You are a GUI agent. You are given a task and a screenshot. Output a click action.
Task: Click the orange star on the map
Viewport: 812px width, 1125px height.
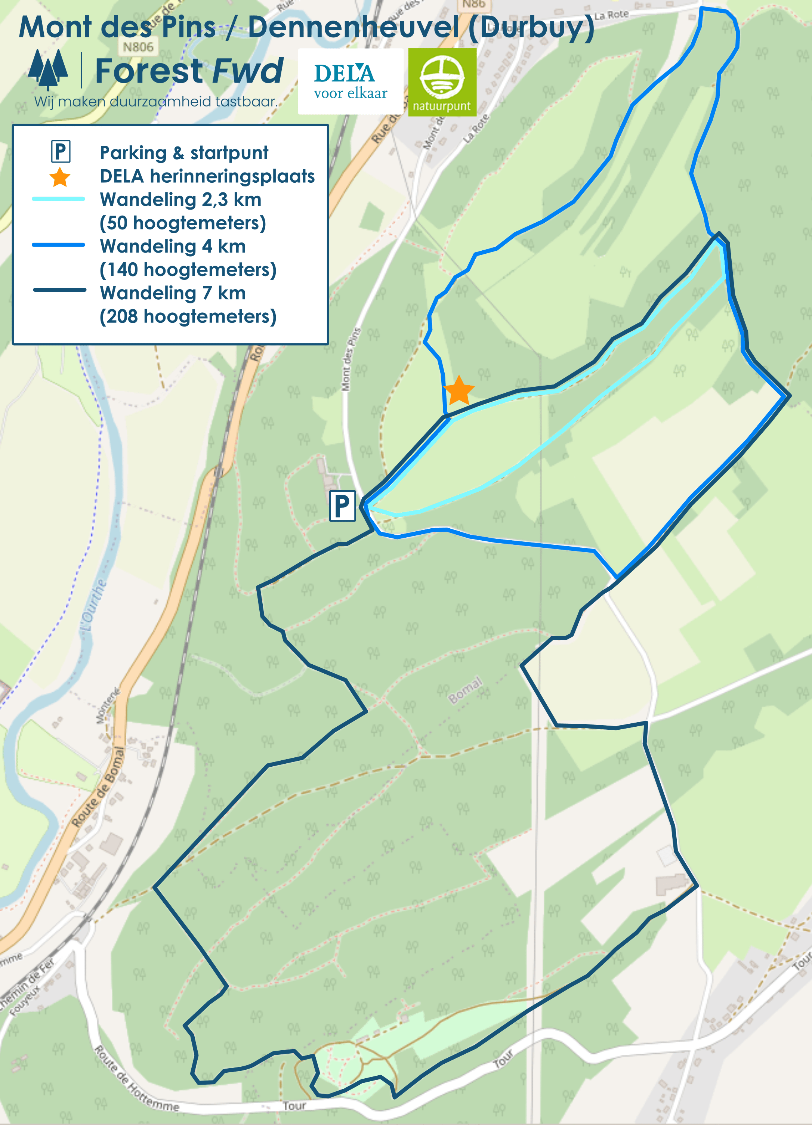click(x=459, y=391)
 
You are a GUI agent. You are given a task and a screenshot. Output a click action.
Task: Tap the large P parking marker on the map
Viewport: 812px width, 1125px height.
click(x=343, y=506)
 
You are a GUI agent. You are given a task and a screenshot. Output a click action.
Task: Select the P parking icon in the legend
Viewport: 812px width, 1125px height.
click(x=61, y=152)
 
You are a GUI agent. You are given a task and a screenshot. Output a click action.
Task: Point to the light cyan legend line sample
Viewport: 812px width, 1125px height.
click(x=59, y=199)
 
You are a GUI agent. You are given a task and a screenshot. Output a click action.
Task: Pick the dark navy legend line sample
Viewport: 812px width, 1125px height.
click(x=59, y=290)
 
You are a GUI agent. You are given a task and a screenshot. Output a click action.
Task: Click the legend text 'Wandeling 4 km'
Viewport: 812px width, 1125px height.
click(x=173, y=246)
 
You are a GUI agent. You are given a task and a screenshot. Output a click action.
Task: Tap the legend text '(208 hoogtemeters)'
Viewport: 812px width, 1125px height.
click(x=188, y=316)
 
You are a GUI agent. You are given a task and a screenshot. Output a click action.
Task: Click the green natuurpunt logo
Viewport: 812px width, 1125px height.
click(x=442, y=82)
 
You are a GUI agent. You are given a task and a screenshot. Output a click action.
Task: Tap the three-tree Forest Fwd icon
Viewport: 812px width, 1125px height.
click(x=48, y=69)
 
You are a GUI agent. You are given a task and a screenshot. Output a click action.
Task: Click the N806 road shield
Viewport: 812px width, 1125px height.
click(x=138, y=47)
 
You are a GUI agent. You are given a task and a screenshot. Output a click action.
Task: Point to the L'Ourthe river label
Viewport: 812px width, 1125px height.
click(x=93, y=606)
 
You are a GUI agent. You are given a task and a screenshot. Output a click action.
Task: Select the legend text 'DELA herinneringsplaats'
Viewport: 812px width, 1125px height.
click(x=207, y=176)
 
